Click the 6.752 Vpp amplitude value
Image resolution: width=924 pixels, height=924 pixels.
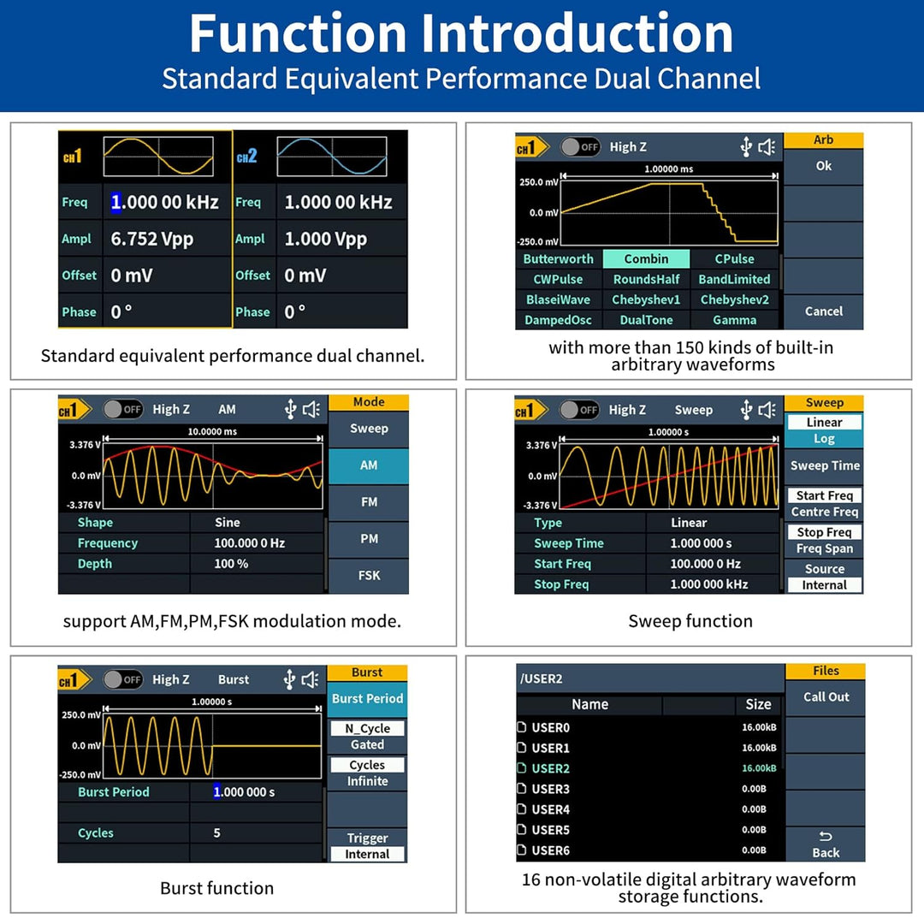151,240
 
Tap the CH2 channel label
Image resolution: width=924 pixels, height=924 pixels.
247,157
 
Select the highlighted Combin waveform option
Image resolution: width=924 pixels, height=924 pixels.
646,258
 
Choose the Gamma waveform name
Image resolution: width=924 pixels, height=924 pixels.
734,320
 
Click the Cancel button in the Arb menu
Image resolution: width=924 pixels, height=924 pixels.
823,311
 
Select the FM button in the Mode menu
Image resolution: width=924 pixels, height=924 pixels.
369,502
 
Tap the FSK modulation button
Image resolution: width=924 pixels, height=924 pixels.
369,575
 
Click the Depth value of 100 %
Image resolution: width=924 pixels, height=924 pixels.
231,563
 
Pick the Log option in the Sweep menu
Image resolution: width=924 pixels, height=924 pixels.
824,438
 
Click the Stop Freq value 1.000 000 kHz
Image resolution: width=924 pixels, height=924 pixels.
709,584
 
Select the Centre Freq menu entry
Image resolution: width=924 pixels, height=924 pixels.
825,512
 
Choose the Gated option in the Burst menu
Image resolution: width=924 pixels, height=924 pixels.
367,744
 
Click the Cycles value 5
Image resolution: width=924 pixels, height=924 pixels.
216,832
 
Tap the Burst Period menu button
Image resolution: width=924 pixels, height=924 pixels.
367,699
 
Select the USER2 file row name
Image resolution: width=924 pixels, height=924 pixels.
550,768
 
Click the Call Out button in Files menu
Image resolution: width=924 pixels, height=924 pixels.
826,697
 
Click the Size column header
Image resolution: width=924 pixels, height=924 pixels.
758,704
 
